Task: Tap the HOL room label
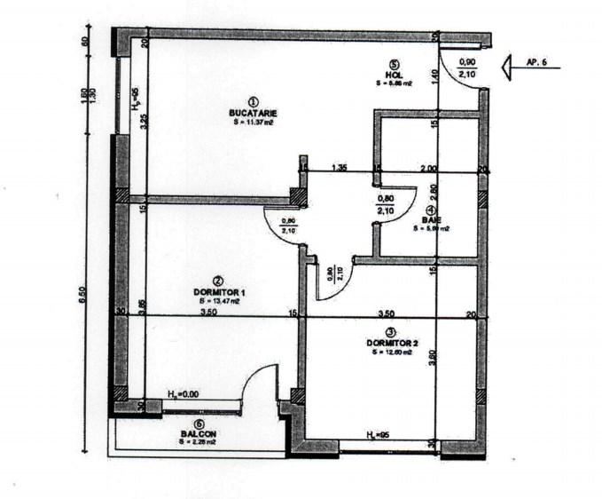(x=394, y=74)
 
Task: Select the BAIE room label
(x=431, y=219)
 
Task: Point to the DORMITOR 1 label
(x=219, y=291)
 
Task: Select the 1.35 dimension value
(x=339, y=167)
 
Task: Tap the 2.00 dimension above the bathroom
(x=428, y=167)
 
